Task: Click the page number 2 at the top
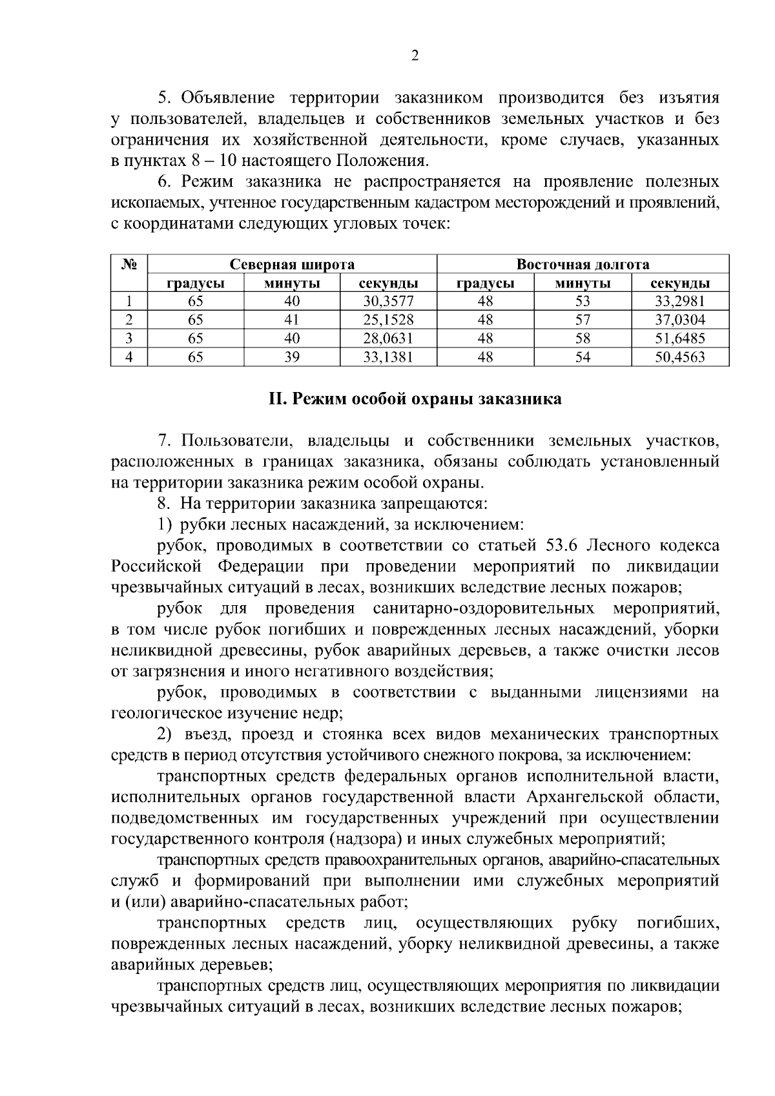pyautogui.click(x=415, y=56)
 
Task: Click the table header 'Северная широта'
pyautogui.click(x=292, y=265)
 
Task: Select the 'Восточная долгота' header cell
pyautogui.click(x=583, y=265)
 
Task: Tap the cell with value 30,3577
pyautogui.click(x=388, y=301)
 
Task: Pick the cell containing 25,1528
pyautogui.click(x=388, y=320)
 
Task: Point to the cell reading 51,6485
pyautogui.click(x=680, y=338)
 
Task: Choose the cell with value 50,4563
pyautogui.click(x=680, y=357)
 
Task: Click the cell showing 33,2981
pyautogui.click(x=680, y=301)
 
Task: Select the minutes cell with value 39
pyautogui.click(x=292, y=357)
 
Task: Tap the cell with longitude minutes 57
pyautogui.click(x=583, y=320)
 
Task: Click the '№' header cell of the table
pyautogui.click(x=129, y=265)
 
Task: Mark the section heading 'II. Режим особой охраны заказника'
pyautogui.click(x=415, y=399)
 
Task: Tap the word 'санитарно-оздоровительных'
pyautogui.click(x=484, y=608)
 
